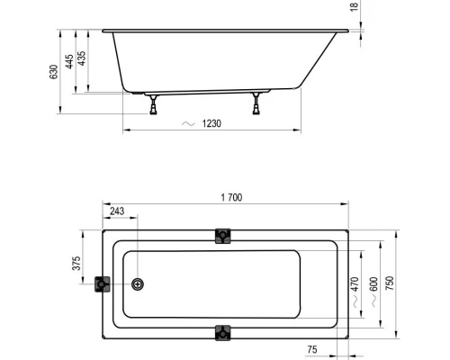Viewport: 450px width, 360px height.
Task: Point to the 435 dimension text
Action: (83, 59)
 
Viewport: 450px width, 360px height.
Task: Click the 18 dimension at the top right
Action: (355, 6)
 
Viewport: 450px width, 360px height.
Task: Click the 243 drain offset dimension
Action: (117, 212)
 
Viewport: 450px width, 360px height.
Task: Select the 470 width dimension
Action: (355, 286)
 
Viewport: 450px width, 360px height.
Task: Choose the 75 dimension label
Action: (311, 348)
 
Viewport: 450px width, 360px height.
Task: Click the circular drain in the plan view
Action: (138, 284)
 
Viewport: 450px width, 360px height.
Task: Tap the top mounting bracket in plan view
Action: (222, 236)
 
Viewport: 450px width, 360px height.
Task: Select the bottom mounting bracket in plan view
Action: (222, 333)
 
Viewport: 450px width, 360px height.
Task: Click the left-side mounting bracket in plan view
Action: (102, 284)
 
